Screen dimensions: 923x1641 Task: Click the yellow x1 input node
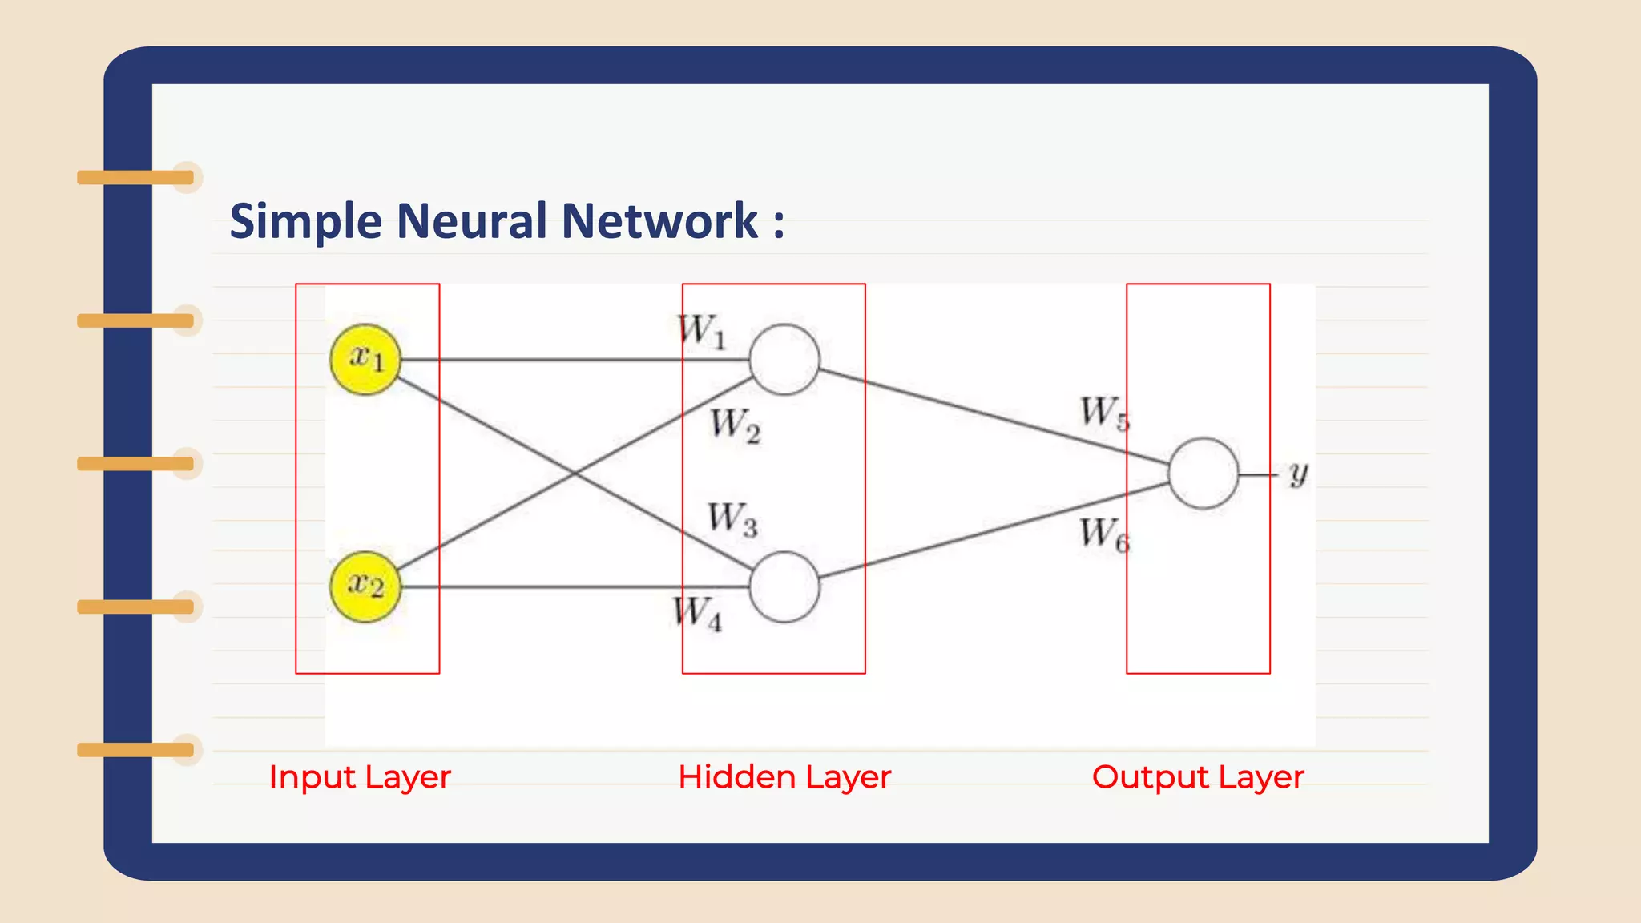[x=365, y=359]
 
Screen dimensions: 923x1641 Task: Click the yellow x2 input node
[x=365, y=586]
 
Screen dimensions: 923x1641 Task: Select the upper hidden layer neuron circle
[x=784, y=359]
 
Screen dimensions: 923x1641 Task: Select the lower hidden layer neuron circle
[x=784, y=586]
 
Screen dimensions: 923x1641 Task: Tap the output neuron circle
[x=1203, y=473]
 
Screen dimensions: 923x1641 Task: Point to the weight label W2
[x=735, y=425]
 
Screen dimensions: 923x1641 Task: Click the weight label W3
[x=732, y=519]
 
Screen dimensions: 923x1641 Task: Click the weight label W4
[x=697, y=614]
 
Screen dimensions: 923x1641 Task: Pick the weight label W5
[x=1104, y=413]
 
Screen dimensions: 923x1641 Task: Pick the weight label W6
[x=1104, y=534]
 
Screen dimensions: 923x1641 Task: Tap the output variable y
[x=1298, y=474]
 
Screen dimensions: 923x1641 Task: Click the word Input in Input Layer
[x=312, y=777]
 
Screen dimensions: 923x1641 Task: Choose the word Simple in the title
[x=305, y=222]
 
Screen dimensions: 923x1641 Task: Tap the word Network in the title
[x=659, y=220]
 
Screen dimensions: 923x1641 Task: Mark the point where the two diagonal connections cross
[x=575, y=473]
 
